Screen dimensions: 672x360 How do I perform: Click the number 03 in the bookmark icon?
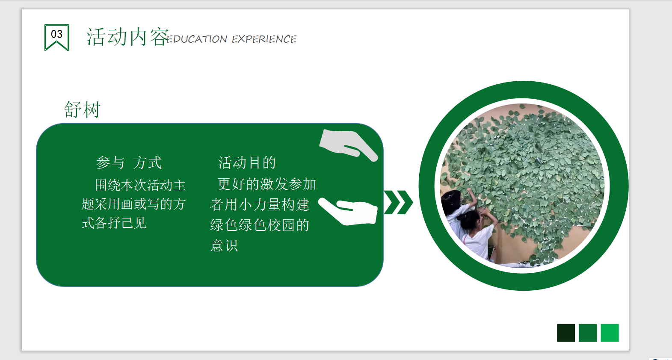tap(57, 34)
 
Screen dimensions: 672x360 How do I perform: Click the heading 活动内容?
tap(127, 37)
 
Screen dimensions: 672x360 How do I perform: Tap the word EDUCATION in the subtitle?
tap(196, 39)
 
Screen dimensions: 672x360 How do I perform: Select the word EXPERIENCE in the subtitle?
tap(264, 39)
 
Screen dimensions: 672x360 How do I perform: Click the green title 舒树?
tap(82, 109)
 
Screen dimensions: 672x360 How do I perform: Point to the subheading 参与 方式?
tap(129, 163)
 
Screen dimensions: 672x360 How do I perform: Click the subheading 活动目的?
tap(247, 162)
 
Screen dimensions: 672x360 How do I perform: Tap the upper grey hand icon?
tap(348, 145)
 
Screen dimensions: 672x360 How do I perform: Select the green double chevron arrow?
tap(398, 202)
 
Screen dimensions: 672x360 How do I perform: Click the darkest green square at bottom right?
tap(566, 333)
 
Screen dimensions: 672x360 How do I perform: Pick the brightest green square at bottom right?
tap(610, 333)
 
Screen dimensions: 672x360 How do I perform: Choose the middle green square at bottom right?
tap(588, 333)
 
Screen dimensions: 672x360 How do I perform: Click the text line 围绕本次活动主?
tap(140, 185)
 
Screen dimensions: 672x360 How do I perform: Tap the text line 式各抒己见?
tap(114, 223)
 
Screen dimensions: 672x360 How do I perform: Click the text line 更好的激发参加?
tap(266, 184)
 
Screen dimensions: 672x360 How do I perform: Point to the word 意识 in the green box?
tap(224, 246)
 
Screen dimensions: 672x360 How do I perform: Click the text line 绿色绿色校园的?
tap(260, 225)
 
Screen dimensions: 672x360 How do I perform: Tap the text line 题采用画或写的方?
tap(133, 204)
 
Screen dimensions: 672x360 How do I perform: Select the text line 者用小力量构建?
tap(260, 205)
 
